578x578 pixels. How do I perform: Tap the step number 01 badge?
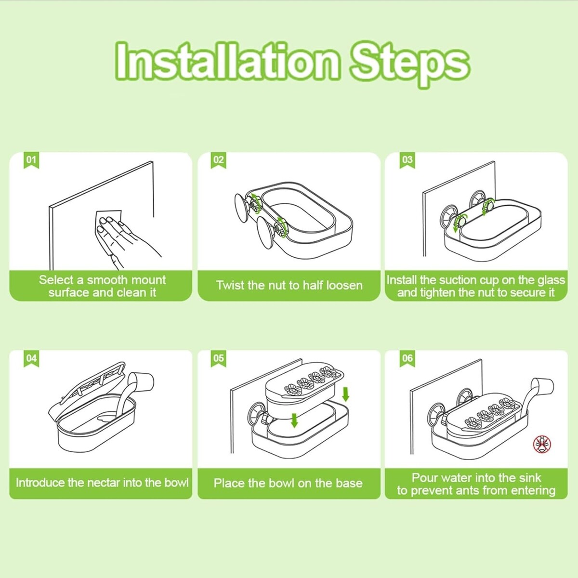pos(31,160)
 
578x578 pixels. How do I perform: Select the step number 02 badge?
pos(218,160)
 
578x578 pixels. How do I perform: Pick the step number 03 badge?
pos(407,160)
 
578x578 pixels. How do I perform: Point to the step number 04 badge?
pos(31,359)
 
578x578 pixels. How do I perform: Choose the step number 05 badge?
pos(218,359)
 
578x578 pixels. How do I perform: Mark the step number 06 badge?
pos(407,359)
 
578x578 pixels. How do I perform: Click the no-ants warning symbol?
pos(542,445)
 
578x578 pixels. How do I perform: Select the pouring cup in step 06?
pos(542,387)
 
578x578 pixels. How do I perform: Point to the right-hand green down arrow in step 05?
pos(345,394)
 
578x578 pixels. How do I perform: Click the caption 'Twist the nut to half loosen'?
pos(289,285)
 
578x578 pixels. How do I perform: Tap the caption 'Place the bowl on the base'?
pos(288,483)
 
